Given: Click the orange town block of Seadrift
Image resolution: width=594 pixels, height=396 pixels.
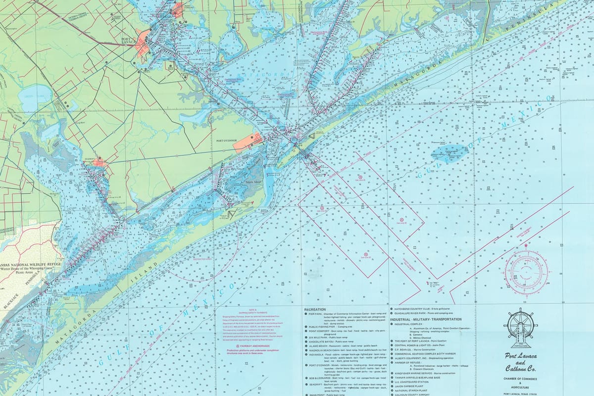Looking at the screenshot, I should (x=99, y=162).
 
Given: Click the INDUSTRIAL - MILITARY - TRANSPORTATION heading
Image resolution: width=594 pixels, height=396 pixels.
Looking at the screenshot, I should (x=426, y=319).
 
